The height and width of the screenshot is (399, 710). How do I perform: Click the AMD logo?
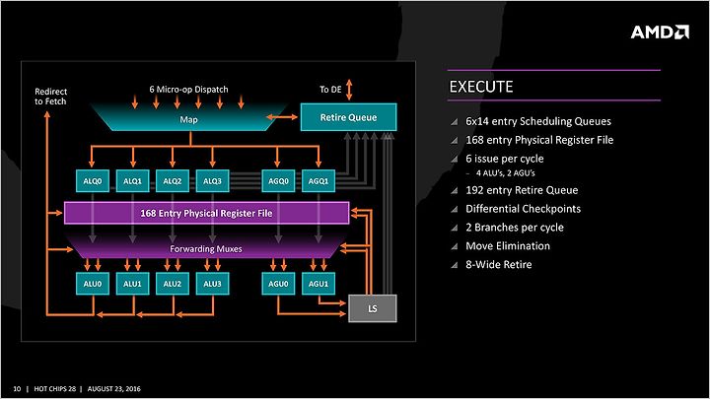[x=660, y=33]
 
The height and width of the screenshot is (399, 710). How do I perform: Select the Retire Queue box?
[x=349, y=117]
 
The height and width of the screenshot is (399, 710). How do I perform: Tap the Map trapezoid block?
[x=188, y=118]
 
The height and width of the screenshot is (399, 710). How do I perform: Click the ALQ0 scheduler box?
[x=93, y=181]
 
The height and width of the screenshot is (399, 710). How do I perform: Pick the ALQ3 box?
[x=212, y=181]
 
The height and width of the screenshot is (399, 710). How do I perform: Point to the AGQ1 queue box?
[x=319, y=181]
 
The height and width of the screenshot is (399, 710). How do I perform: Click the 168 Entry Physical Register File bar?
[x=206, y=213]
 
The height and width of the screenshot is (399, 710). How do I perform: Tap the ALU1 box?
[x=133, y=284]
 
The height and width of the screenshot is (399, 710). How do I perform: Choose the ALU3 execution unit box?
[x=212, y=284]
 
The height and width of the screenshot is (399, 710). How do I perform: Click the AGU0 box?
[x=278, y=284]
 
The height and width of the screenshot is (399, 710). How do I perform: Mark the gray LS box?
[x=373, y=308]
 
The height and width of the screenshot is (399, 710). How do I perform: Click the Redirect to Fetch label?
[x=50, y=97]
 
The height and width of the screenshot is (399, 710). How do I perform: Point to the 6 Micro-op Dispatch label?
[x=188, y=89]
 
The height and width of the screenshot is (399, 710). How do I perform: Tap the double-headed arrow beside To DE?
[x=349, y=90]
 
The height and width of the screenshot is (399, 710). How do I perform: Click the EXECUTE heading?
[x=481, y=87]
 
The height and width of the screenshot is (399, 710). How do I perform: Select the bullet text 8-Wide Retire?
[x=499, y=265]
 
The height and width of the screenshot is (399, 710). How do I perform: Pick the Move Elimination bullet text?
[x=508, y=246]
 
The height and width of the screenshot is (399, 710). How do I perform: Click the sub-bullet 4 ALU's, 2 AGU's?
[x=505, y=172]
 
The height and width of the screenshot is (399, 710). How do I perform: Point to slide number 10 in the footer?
[x=17, y=388]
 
